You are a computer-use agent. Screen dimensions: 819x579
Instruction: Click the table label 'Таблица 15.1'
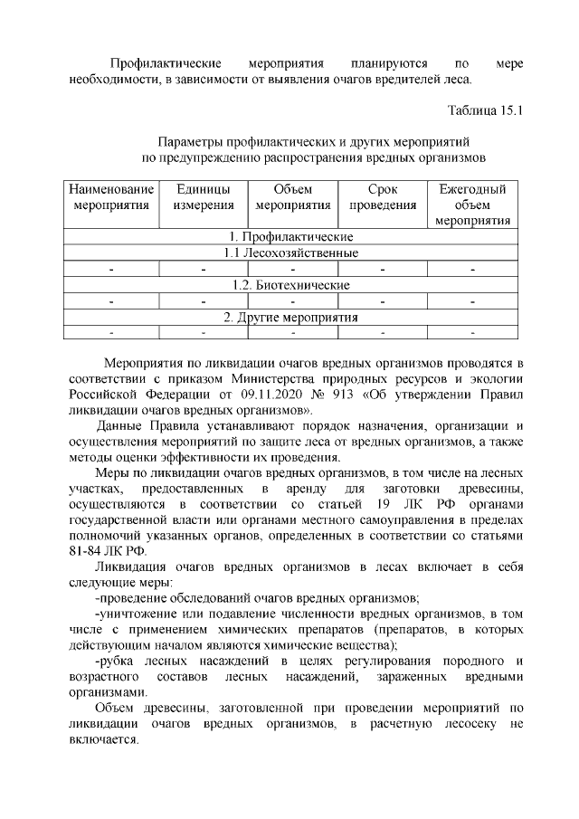point(486,110)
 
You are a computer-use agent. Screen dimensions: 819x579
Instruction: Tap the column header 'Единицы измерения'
point(203,197)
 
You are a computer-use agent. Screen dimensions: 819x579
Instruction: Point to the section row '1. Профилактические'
point(291,236)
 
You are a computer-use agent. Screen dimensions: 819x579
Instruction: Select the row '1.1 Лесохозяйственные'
point(291,252)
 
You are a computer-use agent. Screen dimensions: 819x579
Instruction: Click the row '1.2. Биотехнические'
point(291,285)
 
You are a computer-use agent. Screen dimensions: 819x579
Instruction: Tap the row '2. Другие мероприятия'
point(291,318)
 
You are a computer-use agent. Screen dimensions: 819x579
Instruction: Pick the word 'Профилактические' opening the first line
point(166,62)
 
